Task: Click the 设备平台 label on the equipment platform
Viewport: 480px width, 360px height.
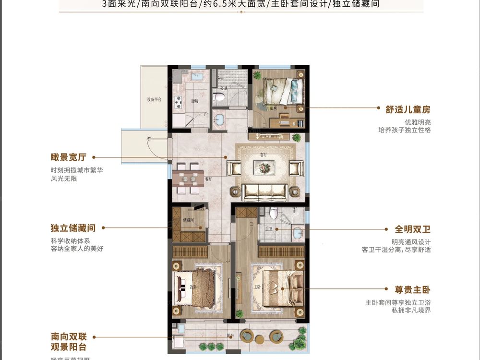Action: point(154,100)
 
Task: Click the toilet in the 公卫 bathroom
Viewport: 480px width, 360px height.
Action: point(220,97)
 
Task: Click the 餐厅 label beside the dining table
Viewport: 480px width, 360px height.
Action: point(208,178)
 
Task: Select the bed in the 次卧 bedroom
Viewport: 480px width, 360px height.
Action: point(197,288)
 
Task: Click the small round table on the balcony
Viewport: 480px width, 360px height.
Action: point(247,336)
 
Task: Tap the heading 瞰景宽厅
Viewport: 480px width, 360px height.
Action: point(68,157)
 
